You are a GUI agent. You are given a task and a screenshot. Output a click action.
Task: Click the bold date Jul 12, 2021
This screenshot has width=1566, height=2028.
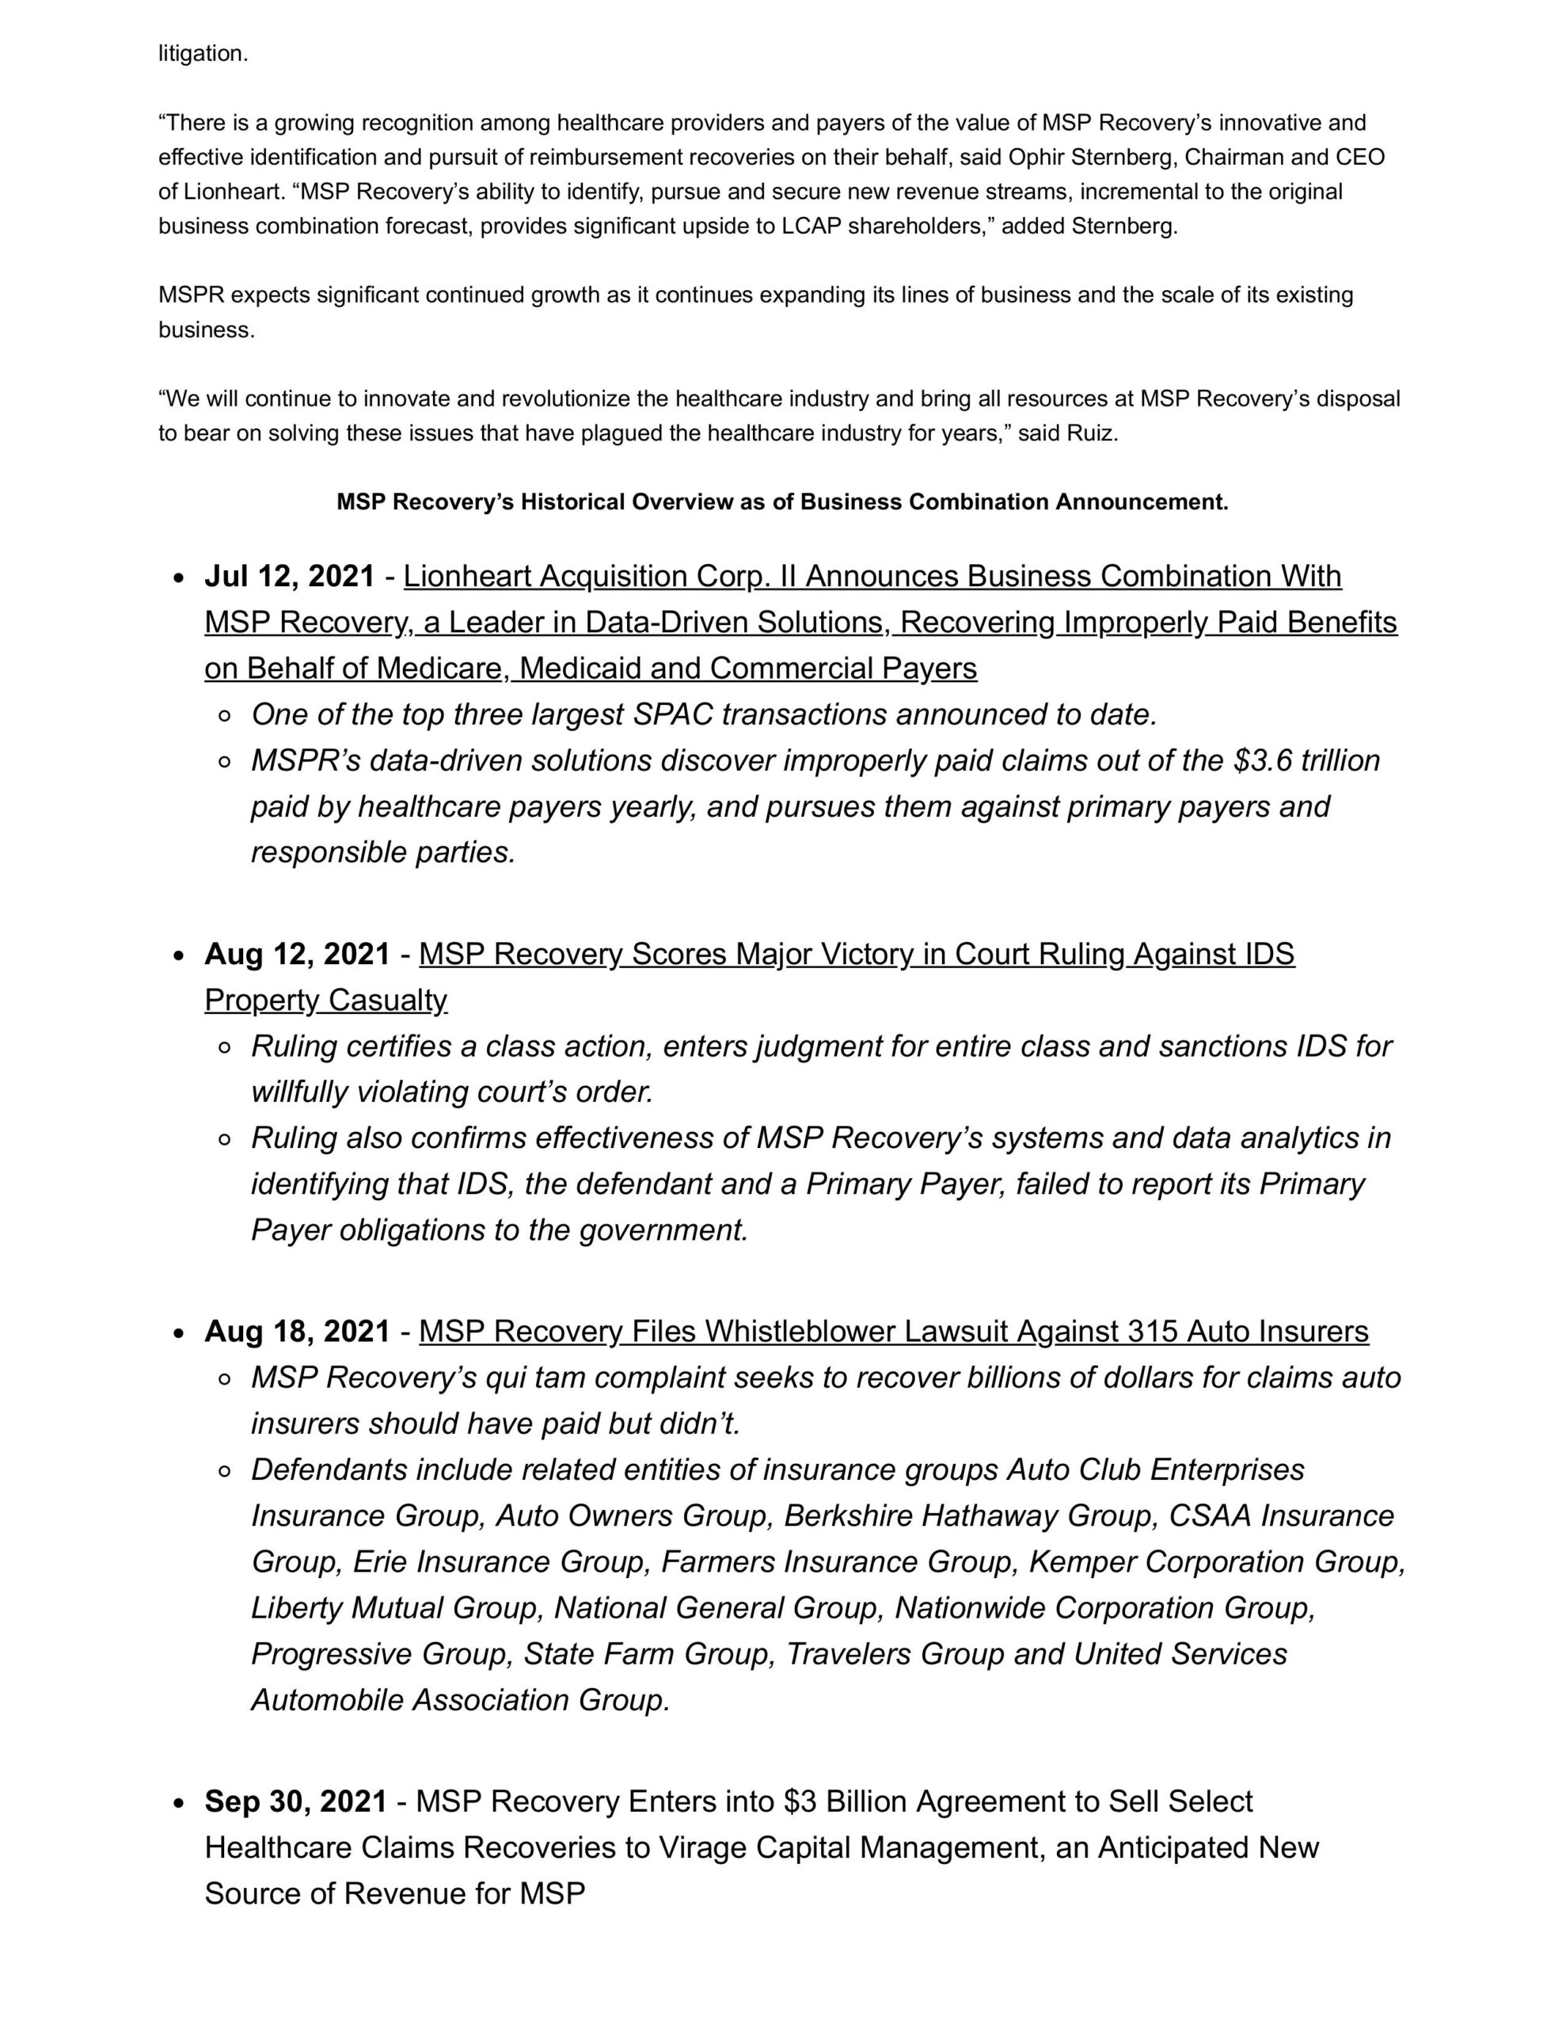[x=290, y=577]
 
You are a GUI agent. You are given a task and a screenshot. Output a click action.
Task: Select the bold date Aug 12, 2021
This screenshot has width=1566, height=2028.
[x=297, y=955]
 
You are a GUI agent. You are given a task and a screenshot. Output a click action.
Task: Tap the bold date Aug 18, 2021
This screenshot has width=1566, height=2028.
[x=297, y=1332]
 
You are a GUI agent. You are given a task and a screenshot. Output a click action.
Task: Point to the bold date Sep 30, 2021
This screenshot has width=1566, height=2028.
[x=295, y=1801]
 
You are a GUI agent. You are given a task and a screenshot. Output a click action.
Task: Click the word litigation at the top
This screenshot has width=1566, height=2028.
[x=203, y=54]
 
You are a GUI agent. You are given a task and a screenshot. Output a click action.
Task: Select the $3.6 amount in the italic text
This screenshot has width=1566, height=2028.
[x=1263, y=760]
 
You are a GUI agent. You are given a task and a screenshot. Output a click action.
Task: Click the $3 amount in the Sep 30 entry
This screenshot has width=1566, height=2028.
[x=800, y=1801]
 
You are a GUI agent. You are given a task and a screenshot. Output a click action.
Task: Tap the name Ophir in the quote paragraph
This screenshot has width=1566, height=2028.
[x=1040, y=158]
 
